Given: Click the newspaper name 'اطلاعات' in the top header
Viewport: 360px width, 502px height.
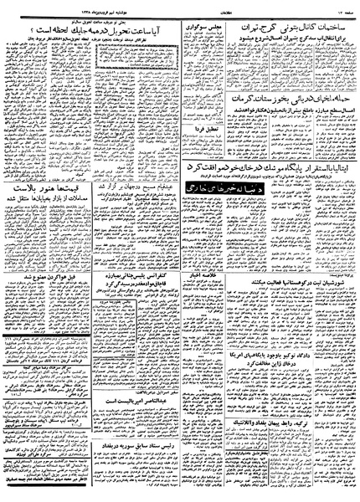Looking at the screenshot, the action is tap(180, 6).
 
